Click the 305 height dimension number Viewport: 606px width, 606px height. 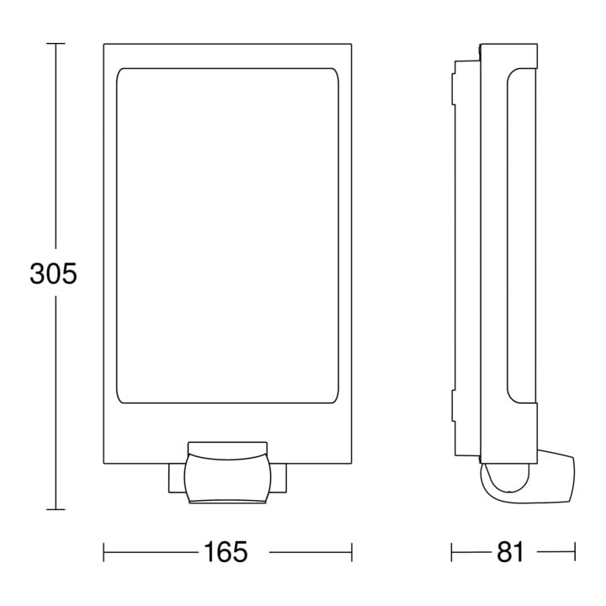click(53, 274)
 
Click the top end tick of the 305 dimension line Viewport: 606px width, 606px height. click(56, 43)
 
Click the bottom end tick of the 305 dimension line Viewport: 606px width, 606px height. click(56, 510)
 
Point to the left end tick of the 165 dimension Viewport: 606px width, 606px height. click(104, 552)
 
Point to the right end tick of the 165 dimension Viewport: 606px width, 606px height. click(352, 552)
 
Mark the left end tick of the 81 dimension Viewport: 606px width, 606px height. click(451, 552)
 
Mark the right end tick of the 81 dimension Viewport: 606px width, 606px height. click(575, 552)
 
